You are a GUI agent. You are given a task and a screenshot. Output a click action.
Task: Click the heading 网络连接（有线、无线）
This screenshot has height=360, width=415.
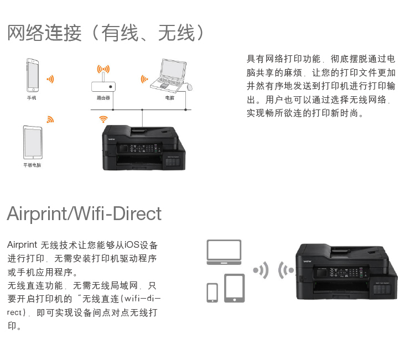(x=107, y=33)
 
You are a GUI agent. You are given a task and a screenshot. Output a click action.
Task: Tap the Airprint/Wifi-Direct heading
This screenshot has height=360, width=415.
(x=84, y=213)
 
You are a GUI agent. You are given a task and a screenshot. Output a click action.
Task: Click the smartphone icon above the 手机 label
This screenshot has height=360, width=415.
(x=33, y=75)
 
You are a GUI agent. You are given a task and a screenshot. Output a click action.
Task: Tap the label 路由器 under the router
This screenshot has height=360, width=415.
(x=103, y=97)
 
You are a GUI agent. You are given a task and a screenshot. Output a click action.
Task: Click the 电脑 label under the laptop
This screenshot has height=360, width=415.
(x=169, y=97)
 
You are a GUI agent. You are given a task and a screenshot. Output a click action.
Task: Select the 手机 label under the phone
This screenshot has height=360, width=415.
(x=32, y=97)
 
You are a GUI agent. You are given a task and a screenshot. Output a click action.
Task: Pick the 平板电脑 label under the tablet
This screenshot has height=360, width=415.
(x=32, y=165)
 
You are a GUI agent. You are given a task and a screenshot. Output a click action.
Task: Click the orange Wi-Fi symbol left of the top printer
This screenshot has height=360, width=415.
(x=103, y=119)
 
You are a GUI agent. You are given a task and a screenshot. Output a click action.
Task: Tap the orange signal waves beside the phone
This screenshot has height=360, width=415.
(x=50, y=79)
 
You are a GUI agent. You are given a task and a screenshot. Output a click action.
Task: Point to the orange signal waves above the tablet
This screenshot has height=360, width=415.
(x=50, y=119)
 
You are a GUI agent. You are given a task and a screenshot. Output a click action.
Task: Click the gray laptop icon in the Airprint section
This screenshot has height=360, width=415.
(x=224, y=252)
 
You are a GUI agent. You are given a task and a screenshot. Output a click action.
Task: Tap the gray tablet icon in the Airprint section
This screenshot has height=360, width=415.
(x=235, y=288)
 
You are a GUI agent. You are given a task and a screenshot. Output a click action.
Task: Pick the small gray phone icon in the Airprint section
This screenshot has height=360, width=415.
(x=212, y=293)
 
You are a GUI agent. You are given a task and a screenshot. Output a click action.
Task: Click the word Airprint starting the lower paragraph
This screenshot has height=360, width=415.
(x=22, y=244)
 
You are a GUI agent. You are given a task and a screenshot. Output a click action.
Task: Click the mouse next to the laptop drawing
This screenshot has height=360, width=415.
(x=189, y=87)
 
